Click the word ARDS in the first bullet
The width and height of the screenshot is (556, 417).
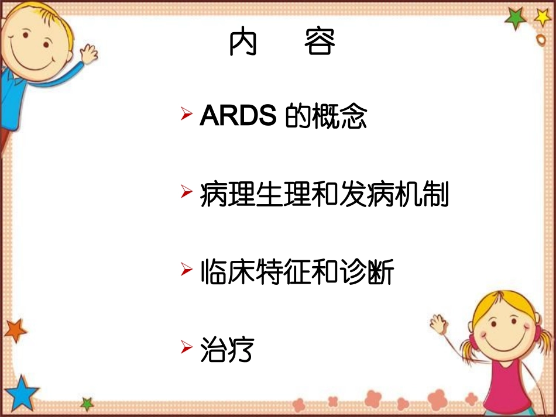[238, 116]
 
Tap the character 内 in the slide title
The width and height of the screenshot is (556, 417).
[243, 42]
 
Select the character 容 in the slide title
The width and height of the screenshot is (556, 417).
[320, 42]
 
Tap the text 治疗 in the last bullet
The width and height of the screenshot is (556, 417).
[226, 350]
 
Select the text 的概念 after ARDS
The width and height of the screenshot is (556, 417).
[325, 116]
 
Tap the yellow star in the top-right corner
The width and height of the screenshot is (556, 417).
[543, 17]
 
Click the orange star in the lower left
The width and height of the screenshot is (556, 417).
[15, 330]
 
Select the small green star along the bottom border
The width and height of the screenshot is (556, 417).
[87, 403]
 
